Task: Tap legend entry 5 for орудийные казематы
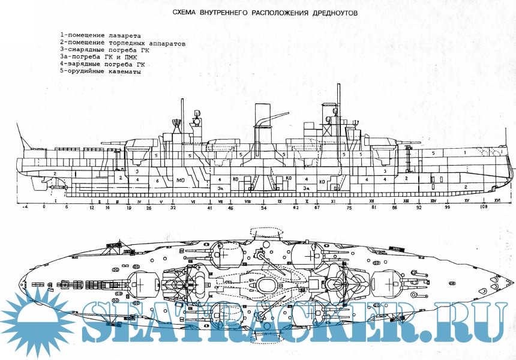(100, 71)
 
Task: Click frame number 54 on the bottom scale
(263, 207)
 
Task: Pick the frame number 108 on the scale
(484, 207)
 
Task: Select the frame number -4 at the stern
(25, 207)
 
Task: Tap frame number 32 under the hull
(173, 207)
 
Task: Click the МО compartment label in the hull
(181, 179)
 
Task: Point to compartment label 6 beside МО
(157, 179)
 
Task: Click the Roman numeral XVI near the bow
(497, 201)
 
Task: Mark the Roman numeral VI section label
(193, 201)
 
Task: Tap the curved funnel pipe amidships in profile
(264, 120)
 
